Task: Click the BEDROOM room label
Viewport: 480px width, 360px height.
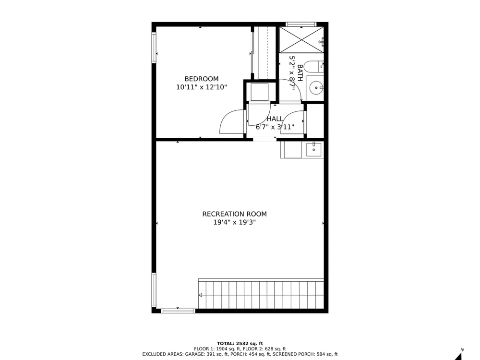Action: pos(202,79)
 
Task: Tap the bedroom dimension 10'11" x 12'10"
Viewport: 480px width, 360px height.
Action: pos(202,87)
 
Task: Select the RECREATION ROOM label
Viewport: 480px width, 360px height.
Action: pos(235,214)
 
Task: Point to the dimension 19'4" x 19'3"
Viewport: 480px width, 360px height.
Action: pos(235,222)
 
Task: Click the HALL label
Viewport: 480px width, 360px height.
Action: pos(275,119)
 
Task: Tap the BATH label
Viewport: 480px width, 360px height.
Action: pos(300,73)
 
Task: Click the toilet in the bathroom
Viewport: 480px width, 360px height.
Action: pos(315,66)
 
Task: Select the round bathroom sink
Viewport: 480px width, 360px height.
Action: pos(315,88)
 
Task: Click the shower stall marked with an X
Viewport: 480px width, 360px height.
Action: pos(301,40)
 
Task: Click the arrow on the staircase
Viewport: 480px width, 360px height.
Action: pos(200,295)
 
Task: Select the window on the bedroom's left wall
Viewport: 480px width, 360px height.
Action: pos(154,48)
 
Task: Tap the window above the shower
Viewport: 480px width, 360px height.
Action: pos(301,24)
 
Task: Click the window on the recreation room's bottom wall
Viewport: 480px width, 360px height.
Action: pos(178,311)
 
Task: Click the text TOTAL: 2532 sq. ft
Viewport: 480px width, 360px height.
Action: pos(240,344)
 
